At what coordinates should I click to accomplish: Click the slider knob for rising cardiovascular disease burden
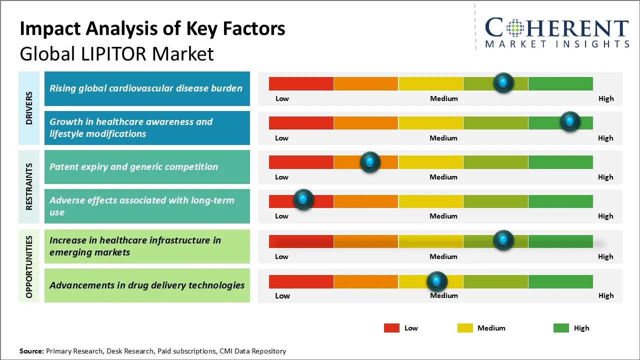[x=503, y=82]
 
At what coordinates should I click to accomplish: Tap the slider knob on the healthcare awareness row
[x=569, y=121]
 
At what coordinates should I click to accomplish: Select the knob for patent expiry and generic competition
[x=370, y=162]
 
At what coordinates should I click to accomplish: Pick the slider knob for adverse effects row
[x=303, y=199]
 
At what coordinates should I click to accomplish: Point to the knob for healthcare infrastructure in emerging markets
[x=503, y=240]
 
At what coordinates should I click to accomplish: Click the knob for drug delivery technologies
[x=437, y=281]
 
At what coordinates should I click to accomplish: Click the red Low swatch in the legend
[x=391, y=328]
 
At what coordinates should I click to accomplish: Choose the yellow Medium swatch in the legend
[x=465, y=328]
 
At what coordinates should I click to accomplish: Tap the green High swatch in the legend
[x=561, y=328]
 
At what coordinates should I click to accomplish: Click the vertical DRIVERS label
[x=29, y=108]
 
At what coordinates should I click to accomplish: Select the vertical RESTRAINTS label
[x=29, y=186]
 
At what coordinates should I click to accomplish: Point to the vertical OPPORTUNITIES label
[x=29, y=267]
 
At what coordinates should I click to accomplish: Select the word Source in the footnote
[x=31, y=351]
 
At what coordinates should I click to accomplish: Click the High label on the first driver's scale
[x=606, y=98]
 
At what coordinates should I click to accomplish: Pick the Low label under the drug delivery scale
[x=282, y=295]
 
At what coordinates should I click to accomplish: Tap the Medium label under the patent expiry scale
[x=443, y=177]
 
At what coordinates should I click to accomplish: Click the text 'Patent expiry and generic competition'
[x=133, y=167]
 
